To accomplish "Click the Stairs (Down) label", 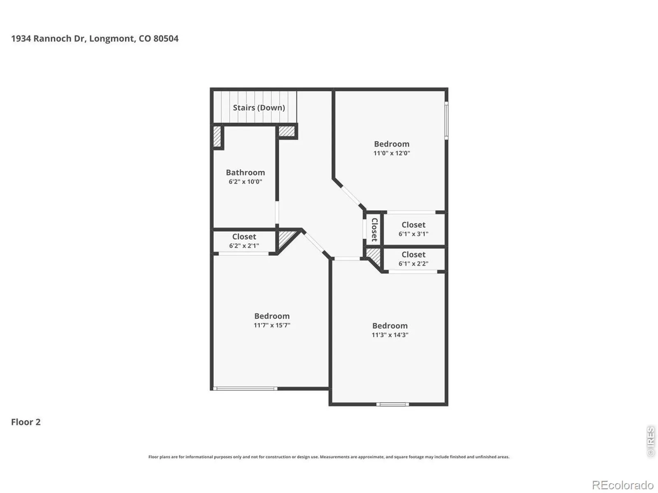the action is click(259, 108).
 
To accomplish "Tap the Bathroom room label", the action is click(245, 173).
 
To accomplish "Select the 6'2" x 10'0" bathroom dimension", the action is click(245, 182).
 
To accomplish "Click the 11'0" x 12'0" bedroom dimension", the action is click(392, 153).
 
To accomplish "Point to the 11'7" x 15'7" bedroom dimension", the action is click(272, 325).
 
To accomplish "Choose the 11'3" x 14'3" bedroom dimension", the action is click(390, 335).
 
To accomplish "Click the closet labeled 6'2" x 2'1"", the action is click(244, 241).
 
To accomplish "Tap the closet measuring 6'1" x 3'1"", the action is click(413, 229).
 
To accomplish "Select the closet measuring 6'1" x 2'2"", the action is click(413, 259).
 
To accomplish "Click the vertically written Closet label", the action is click(374, 230).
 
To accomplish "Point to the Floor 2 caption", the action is click(26, 422).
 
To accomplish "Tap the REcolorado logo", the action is click(623, 484).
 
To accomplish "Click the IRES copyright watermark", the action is click(651, 441).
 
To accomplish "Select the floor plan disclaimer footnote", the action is click(329, 457).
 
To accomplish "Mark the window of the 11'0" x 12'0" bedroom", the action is click(446, 120).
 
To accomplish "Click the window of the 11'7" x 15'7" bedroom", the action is click(245, 389).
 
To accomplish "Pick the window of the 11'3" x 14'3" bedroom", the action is click(392, 404).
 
